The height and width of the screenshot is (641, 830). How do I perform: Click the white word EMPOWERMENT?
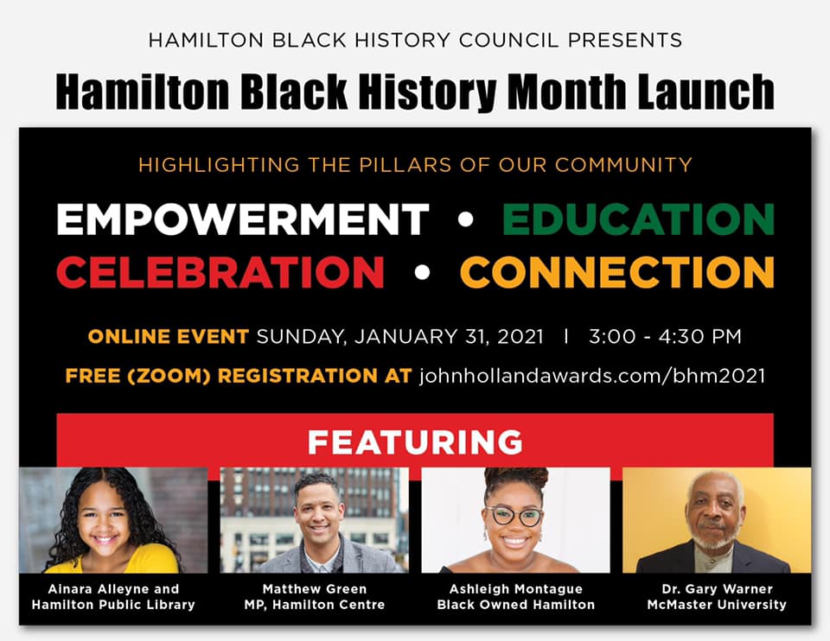(242, 219)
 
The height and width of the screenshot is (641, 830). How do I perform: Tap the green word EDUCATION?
(638, 219)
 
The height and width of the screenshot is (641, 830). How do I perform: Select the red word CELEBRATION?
(220, 272)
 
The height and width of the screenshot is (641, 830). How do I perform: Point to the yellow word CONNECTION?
(617, 272)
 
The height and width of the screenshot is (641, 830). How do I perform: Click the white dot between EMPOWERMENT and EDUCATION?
(465, 219)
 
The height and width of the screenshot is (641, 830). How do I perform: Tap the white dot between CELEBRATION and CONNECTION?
(422, 272)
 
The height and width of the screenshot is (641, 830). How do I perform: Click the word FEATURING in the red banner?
(415, 442)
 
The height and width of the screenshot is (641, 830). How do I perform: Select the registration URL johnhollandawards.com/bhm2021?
(592, 376)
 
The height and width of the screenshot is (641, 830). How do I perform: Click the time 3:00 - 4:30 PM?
(666, 336)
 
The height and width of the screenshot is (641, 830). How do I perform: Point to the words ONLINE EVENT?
(169, 336)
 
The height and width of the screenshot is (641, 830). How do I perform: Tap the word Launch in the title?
(706, 92)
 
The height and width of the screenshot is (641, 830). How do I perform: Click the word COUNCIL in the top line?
(508, 41)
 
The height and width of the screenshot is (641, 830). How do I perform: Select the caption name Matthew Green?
(315, 589)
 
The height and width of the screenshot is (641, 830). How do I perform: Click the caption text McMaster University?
(717, 605)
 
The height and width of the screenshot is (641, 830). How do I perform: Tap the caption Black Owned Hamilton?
(516, 605)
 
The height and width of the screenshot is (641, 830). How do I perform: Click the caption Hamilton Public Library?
(113, 605)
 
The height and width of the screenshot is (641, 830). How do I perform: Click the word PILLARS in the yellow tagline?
(405, 165)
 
